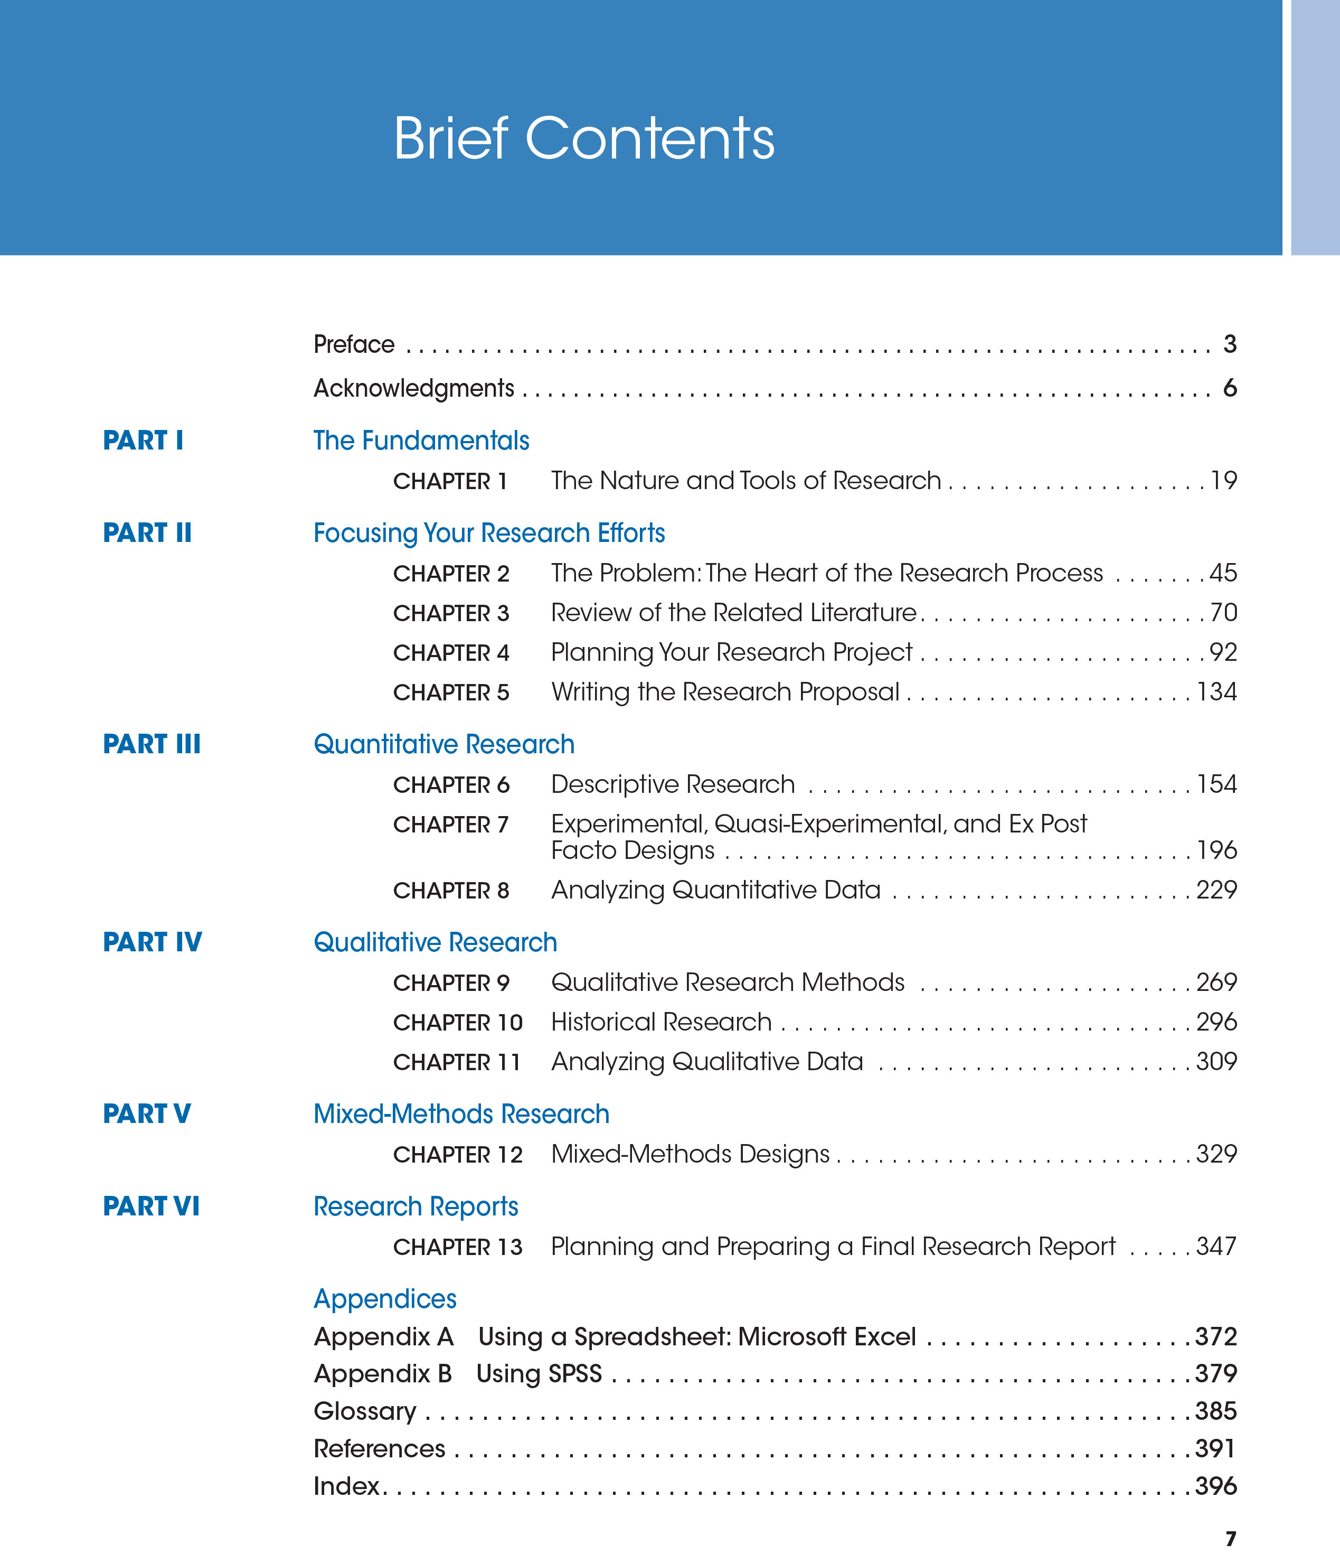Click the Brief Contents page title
(x=583, y=139)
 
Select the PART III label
(x=152, y=744)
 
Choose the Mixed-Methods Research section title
(x=461, y=1114)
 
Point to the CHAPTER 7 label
(x=451, y=824)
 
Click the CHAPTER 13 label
(x=457, y=1247)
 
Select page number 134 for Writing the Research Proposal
(x=1216, y=691)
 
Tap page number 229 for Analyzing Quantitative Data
(x=1216, y=890)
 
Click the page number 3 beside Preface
(x=1230, y=344)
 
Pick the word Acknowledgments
(x=413, y=389)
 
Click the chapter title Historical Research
(x=660, y=1022)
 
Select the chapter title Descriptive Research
(x=673, y=784)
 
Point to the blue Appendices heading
(x=385, y=1298)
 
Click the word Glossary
(x=364, y=1411)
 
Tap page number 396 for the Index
(x=1215, y=1486)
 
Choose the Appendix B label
(x=382, y=1373)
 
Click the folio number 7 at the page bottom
(x=1230, y=1539)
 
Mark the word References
(x=379, y=1448)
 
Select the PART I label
(x=143, y=440)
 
